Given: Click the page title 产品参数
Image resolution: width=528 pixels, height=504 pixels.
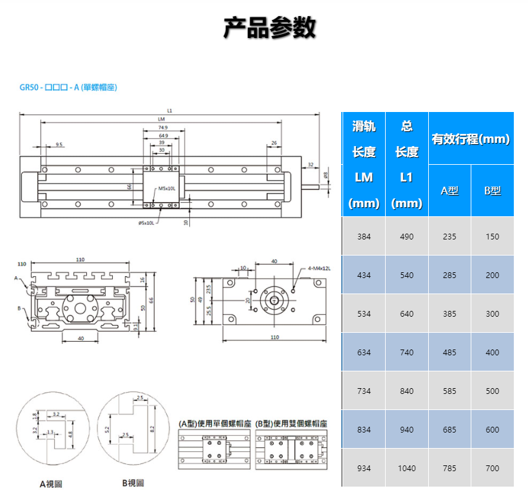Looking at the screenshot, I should [269, 28].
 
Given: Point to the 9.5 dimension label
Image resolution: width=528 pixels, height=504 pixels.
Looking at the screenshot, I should [59, 144].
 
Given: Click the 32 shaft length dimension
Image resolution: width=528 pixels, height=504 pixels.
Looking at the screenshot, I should [310, 165].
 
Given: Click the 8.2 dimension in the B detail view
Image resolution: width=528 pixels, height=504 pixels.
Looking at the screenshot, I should [151, 427].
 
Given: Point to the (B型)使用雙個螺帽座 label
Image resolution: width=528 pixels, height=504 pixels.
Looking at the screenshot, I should [292, 424].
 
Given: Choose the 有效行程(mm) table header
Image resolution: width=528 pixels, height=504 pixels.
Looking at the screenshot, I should [471, 138].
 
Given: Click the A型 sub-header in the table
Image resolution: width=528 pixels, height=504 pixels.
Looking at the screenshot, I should [449, 191].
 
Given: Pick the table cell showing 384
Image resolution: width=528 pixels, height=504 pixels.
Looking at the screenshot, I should [364, 236].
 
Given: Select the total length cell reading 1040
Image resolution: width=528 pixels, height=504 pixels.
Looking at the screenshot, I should [406, 468].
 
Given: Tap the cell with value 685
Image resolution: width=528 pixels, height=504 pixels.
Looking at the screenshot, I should [449, 429].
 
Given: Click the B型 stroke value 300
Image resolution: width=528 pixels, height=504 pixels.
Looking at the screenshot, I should [493, 313].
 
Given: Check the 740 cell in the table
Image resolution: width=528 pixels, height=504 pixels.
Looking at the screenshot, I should [406, 352].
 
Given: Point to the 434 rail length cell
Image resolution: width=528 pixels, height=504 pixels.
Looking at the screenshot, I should [364, 275].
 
